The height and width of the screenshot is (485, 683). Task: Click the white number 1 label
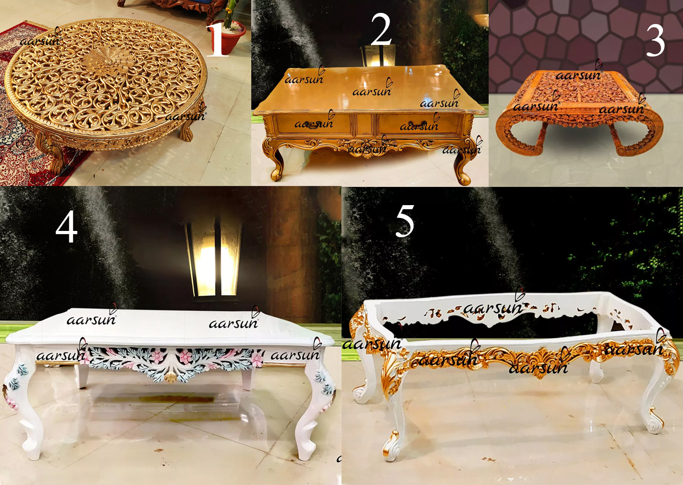tap(217, 40)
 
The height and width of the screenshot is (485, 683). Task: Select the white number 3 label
tap(655, 40)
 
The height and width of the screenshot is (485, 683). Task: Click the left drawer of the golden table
tap(313, 124)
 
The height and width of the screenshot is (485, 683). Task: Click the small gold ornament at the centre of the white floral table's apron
tap(170, 378)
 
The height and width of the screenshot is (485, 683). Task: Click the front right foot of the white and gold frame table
tap(654, 418)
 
